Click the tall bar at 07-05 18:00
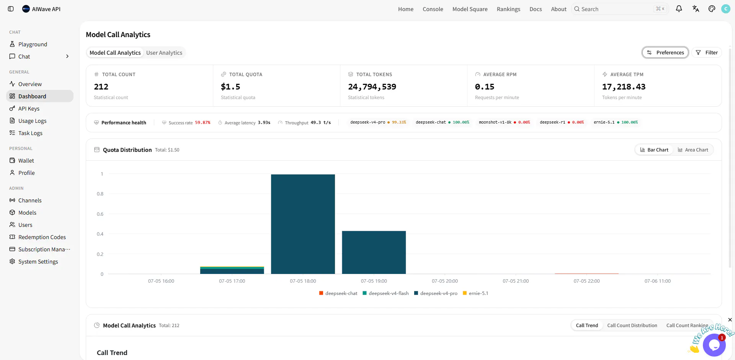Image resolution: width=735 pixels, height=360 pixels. [303, 224]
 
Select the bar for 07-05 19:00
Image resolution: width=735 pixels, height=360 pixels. [374, 252]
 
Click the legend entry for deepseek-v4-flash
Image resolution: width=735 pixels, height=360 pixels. [385, 293]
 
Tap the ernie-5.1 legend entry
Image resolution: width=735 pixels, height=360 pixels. [475, 293]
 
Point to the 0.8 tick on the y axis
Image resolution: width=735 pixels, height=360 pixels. [100, 194]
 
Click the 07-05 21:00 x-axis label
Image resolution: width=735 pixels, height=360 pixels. [516, 281]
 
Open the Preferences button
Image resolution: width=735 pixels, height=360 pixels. [665, 52]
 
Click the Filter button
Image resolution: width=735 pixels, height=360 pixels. [707, 52]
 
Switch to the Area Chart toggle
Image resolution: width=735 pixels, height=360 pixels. [693, 150]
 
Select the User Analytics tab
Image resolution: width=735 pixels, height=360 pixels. [164, 53]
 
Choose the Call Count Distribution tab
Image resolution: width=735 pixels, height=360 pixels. [632, 326]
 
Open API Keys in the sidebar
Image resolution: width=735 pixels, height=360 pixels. [29, 109]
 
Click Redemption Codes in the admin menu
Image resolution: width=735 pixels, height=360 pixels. [42, 237]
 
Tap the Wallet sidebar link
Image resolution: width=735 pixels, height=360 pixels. [26, 161]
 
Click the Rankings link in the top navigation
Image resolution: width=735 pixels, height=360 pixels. [508, 9]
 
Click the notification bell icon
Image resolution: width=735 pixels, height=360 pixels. [679, 9]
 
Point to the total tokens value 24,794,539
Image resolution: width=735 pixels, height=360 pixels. [372, 87]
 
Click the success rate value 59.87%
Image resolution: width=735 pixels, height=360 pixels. [203, 123]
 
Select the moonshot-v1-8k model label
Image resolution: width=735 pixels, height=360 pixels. [495, 122]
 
